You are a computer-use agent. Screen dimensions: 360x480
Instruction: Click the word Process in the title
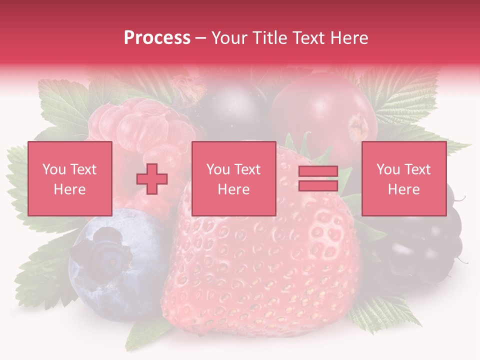157,38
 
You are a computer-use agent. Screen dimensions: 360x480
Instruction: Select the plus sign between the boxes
152,179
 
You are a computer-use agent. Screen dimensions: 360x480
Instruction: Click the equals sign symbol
318,179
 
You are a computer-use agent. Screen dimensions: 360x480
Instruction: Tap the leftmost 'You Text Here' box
70,179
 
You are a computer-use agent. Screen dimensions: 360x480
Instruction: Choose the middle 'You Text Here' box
234,179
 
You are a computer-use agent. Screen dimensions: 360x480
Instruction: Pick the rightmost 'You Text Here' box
404,179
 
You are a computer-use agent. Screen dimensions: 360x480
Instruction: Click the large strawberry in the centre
265,270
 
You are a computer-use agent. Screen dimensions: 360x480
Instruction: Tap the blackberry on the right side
425,245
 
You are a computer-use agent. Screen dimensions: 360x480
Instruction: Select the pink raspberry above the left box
145,125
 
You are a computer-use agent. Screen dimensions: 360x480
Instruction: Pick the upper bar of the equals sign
318,172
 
